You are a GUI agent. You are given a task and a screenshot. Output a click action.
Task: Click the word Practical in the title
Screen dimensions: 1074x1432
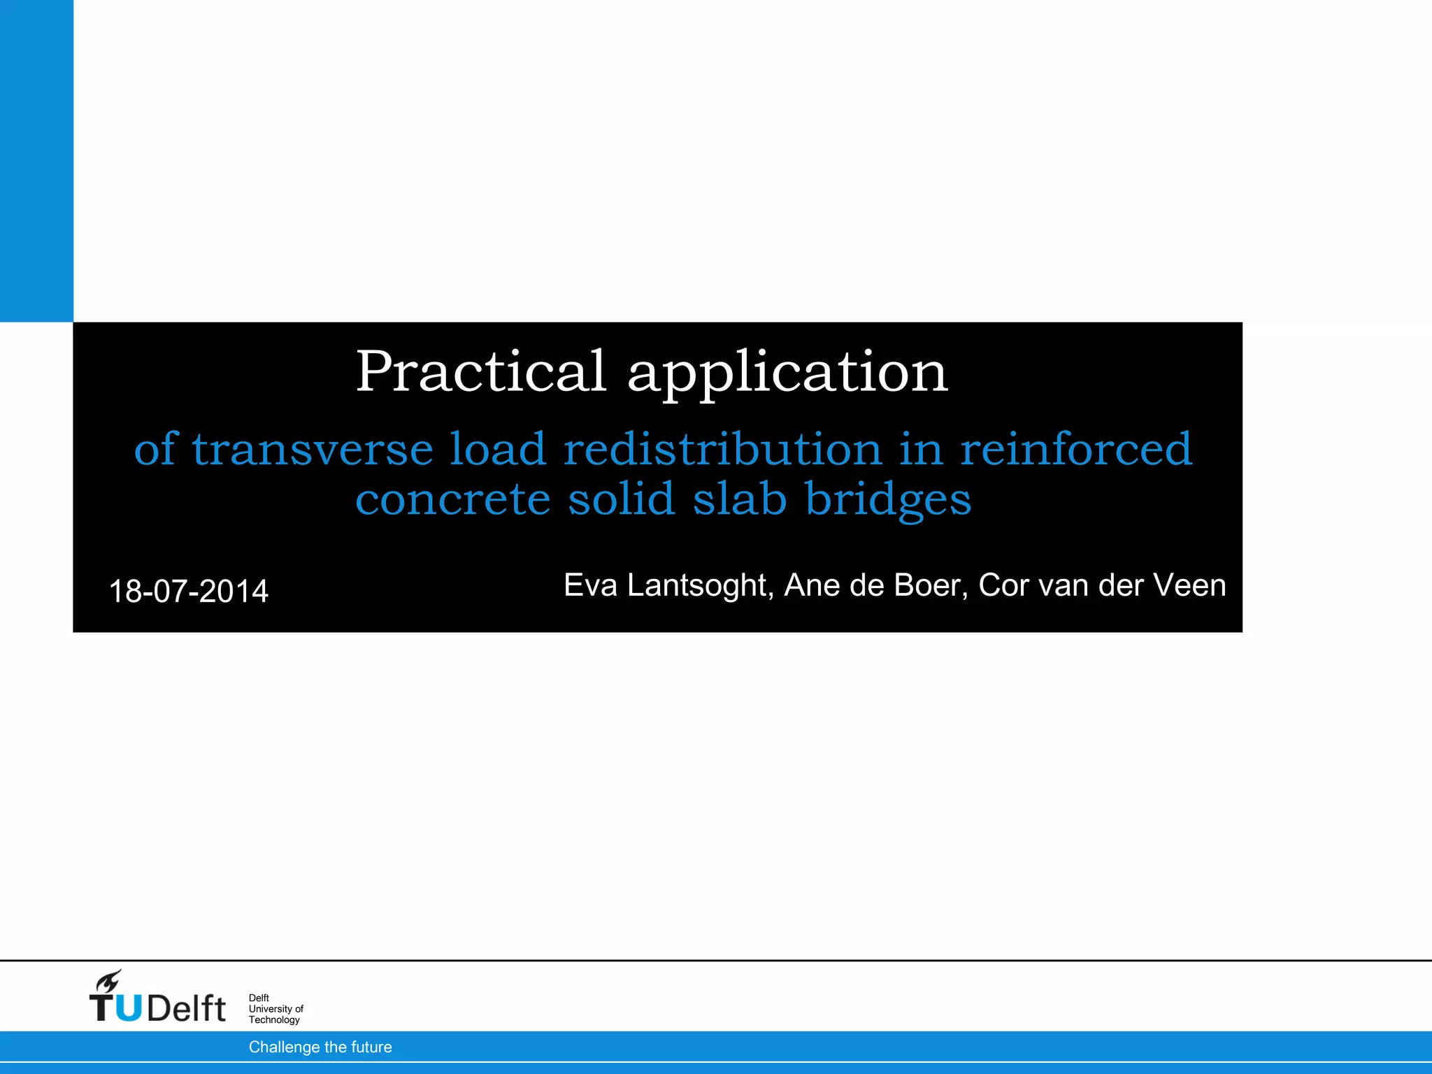click(x=480, y=371)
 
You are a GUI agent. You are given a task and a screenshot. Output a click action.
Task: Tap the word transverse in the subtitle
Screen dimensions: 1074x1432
click(x=313, y=449)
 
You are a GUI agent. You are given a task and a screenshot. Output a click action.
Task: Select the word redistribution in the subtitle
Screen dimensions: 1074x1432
click(x=723, y=449)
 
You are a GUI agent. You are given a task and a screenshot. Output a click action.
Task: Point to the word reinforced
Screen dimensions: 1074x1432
click(x=1076, y=449)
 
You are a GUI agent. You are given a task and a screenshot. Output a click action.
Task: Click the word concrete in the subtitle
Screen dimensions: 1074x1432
click(x=453, y=500)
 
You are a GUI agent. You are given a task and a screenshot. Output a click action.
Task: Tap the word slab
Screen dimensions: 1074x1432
click(x=740, y=499)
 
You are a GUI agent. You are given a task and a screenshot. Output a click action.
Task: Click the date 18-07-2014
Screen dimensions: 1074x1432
click(x=189, y=592)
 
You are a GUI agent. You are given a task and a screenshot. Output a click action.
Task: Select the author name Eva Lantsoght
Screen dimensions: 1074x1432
click(x=668, y=585)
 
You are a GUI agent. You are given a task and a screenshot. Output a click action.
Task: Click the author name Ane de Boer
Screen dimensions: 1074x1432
click(x=876, y=585)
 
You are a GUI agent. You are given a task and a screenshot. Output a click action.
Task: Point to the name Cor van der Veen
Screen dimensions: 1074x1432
click(x=1102, y=585)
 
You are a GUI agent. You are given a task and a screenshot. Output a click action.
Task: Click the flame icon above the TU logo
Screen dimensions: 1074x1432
click(x=109, y=982)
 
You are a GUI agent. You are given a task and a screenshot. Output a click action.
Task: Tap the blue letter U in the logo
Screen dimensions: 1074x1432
click(x=129, y=1008)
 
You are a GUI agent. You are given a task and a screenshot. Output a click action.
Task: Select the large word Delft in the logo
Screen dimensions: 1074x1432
click(x=187, y=1008)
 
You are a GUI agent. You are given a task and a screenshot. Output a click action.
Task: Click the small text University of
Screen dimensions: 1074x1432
click(x=276, y=1009)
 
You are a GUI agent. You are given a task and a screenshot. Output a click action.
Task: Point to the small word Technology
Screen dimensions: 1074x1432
click(x=274, y=1020)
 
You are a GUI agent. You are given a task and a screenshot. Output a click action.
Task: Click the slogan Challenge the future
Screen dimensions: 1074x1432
click(x=320, y=1047)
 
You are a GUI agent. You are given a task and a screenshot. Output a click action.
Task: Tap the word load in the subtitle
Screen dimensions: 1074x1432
click(x=497, y=449)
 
